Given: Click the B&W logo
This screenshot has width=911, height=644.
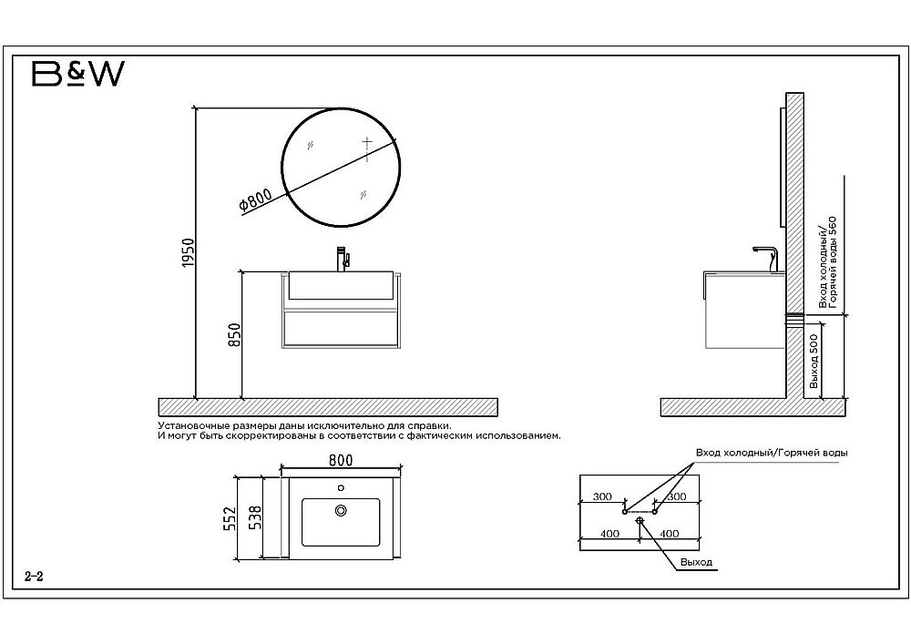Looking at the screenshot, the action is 77,74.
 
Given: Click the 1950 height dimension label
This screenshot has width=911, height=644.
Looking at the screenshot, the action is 187,252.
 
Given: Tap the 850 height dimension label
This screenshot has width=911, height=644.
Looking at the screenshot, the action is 234,335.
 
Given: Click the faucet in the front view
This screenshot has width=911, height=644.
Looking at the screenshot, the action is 343,259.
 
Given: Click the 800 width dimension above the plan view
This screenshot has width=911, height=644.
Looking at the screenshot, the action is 341,460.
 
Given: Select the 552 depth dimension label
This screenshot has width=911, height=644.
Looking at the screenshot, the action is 230,518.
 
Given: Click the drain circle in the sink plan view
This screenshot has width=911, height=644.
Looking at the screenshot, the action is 341,510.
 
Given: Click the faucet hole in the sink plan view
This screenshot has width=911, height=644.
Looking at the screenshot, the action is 341,488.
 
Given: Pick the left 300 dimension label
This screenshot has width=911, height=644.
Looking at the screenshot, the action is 602,496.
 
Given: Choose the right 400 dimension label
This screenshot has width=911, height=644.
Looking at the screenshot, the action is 670,534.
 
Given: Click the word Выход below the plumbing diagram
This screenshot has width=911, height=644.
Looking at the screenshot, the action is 696,562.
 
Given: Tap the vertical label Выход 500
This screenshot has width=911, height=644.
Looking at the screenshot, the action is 814,362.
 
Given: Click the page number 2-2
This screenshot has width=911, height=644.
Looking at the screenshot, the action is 35,577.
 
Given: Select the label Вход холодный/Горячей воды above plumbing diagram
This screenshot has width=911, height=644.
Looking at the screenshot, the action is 772,453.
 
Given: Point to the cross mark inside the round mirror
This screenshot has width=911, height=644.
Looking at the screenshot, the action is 366,142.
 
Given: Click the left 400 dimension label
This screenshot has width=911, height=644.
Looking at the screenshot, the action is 609,534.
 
